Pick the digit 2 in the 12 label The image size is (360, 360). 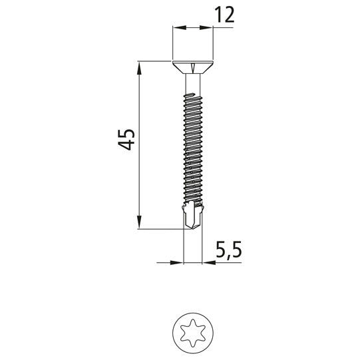click(230, 16)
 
